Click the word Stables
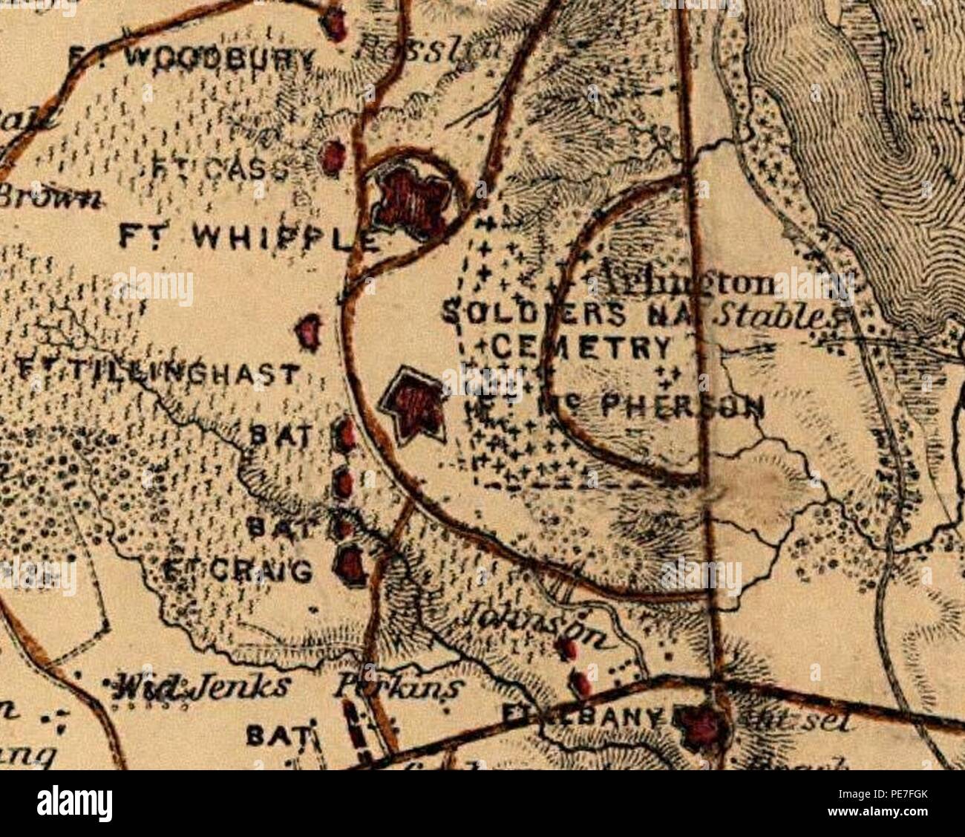772,316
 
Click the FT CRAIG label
236,572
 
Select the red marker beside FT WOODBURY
336,25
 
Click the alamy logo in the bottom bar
74,804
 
